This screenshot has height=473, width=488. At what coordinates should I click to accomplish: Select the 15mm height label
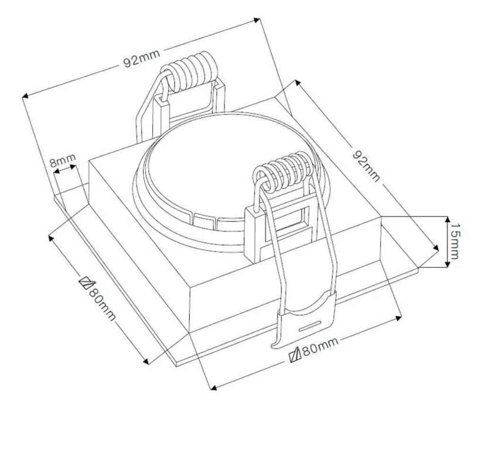point(454,241)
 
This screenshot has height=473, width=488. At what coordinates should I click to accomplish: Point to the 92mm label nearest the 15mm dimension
point(366,166)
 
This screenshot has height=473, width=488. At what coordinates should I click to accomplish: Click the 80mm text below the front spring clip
point(320,348)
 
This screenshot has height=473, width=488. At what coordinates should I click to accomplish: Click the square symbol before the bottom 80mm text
point(296,355)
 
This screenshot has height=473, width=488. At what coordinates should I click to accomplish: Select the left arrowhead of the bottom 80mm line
point(213,388)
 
